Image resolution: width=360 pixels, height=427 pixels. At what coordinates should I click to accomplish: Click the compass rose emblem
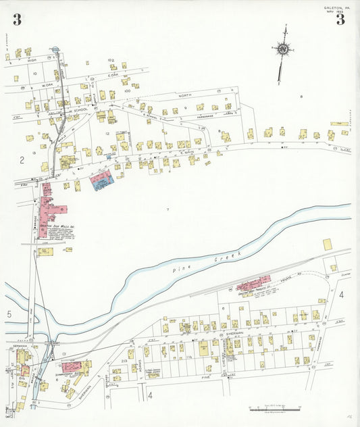282,49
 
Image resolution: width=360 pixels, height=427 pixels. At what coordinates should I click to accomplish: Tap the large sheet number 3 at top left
17,20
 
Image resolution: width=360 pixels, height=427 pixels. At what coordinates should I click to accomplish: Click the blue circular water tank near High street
55,49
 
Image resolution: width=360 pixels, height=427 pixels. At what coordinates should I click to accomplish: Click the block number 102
111,59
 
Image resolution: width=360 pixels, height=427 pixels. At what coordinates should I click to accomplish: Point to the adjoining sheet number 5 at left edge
9,314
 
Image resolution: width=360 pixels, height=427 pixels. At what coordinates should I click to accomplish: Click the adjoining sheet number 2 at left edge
22,160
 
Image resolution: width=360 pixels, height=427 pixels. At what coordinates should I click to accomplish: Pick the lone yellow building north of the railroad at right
328,245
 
